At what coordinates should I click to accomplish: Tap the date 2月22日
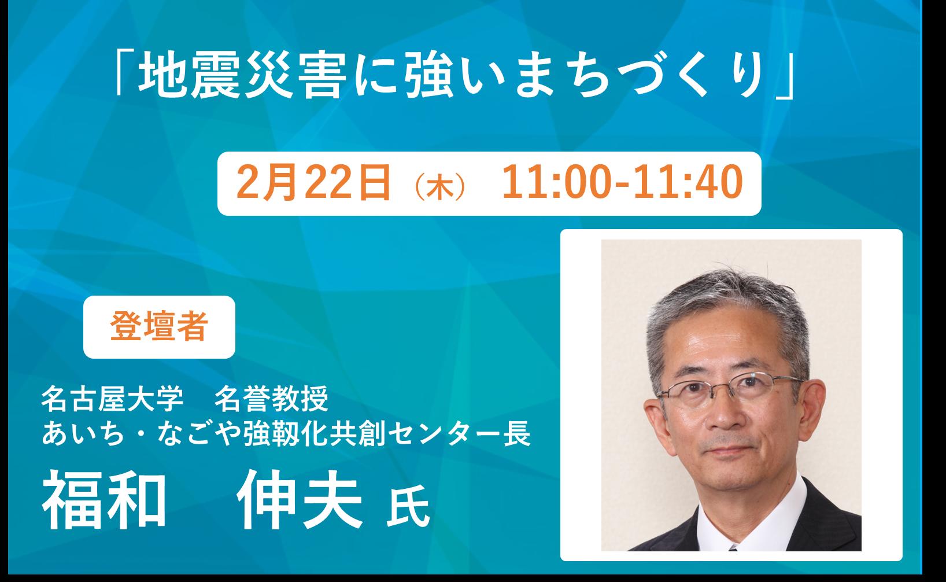(x=313, y=183)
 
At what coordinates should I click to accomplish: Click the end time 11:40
(x=688, y=182)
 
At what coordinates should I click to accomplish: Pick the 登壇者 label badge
(x=159, y=327)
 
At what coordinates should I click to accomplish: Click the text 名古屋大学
(x=112, y=399)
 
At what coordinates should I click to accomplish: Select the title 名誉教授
(x=271, y=399)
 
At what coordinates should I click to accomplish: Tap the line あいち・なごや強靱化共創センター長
(x=286, y=434)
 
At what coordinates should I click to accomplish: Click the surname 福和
(x=104, y=499)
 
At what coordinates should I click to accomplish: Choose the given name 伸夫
(x=300, y=499)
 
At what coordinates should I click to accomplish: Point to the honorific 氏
(x=408, y=506)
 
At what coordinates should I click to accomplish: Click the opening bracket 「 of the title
(x=124, y=71)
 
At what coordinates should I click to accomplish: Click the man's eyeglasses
(x=729, y=386)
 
